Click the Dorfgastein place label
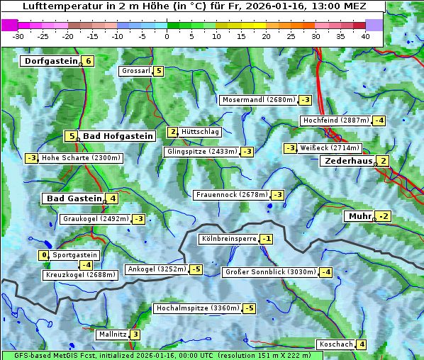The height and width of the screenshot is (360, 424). pyautogui.click(x=50, y=61)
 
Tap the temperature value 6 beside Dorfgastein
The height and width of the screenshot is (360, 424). pyautogui.click(x=88, y=61)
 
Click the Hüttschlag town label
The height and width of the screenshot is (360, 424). pyautogui.click(x=201, y=132)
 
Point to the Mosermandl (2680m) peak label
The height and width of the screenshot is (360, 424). pyautogui.click(x=258, y=100)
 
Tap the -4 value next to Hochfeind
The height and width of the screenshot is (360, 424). pyautogui.click(x=379, y=120)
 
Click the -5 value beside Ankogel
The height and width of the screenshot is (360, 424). pyautogui.click(x=196, y=269)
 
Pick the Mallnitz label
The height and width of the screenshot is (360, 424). pyautogui.click(x=111, y=334)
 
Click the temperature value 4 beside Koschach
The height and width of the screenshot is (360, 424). pyautogui.click(x=362, y=344)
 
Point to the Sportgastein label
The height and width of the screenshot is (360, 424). pyautogui.click(x=75, y=254)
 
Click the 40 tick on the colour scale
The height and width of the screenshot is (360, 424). pyautogui.click(x=365, y=36)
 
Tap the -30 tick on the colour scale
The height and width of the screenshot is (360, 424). pyautogui.click(x=18, y=36)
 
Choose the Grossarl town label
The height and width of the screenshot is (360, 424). pyautogui.click(x=136, y=71)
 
